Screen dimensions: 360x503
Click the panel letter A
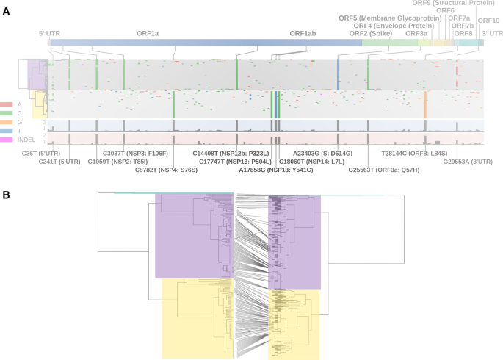coord(6,12)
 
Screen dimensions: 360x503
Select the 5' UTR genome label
coord(50,34)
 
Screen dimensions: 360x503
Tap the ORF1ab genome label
coord(303,34)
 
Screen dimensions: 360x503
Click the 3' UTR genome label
coord(492,34)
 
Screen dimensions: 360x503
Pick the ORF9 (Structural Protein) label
coord(463,3)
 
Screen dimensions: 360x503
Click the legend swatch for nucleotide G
coord(6,122)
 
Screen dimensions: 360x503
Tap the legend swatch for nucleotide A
coord(6,105)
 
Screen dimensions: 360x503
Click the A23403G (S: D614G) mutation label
coord(322,153)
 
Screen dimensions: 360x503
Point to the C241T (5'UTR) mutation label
coord(59,162)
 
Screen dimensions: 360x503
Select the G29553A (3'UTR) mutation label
coord(471,162)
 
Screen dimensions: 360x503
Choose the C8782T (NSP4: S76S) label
coord(166,170)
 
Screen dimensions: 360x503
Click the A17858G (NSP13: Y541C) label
coord(276,170)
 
